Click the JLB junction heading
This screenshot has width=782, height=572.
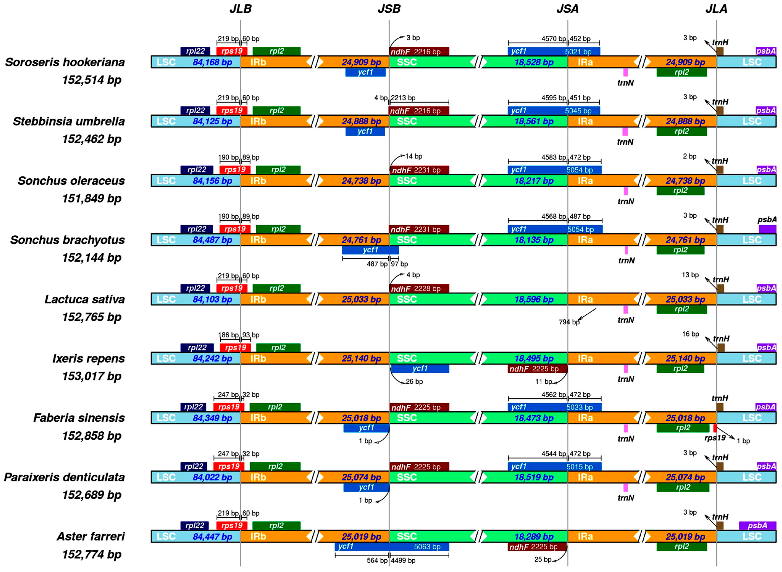coord(240,9)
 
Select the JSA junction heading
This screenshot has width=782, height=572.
coord(567,9)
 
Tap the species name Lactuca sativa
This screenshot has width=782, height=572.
coord(85,299)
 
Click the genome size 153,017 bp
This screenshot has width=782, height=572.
coord(92,376)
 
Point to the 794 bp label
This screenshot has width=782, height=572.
coord(569,322)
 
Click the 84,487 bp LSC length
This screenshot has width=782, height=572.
coord(212,240)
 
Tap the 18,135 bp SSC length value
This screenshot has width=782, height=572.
coord(534,240)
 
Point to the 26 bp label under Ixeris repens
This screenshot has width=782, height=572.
coord(414,382)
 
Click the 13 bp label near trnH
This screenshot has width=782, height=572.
coord(690,275)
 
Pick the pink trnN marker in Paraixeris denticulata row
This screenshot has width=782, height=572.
coord(626,487)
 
